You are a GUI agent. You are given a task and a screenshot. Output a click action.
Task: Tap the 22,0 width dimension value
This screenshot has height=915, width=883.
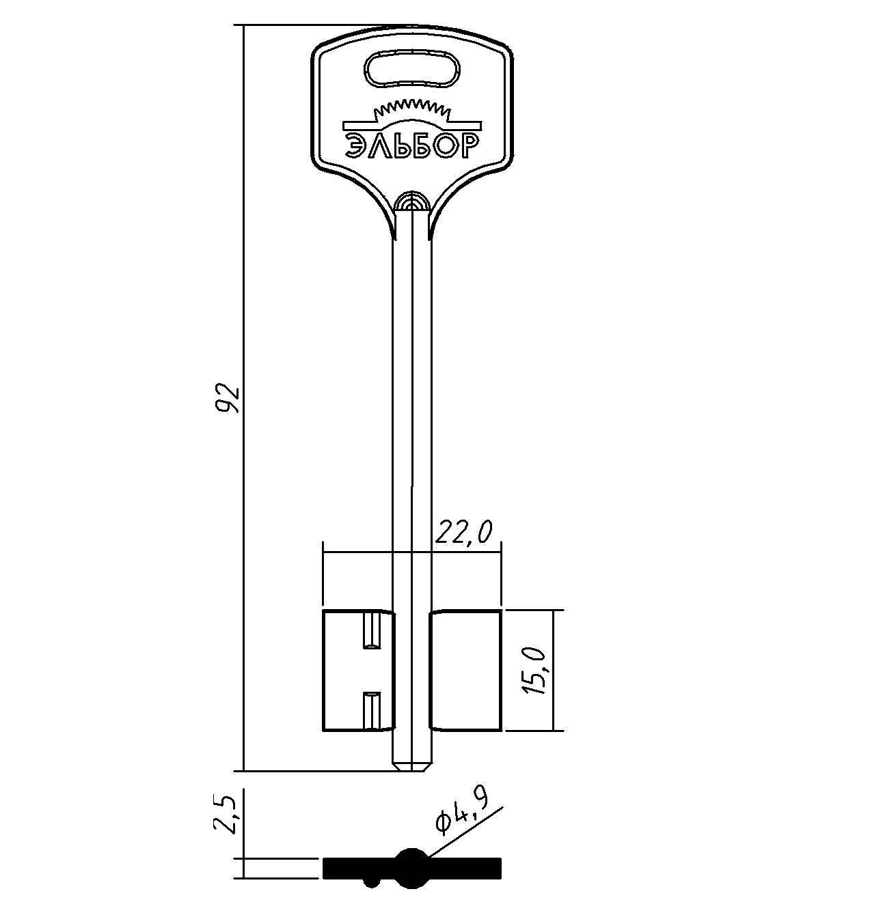pyautogui.click(x=463, y=532)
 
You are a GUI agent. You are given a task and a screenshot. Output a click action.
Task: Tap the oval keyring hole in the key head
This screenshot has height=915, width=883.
pyautogui.click(x=412, y=69)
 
